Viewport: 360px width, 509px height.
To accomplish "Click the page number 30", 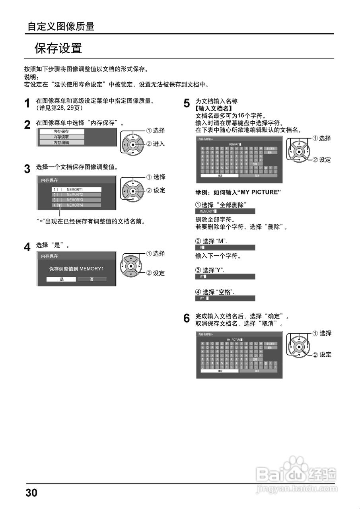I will tap(31, 493).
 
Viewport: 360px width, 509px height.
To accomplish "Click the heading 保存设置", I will tap(58, 49).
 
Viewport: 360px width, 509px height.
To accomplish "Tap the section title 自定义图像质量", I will tap(60, 27).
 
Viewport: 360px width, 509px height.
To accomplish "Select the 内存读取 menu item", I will tap(61, 137).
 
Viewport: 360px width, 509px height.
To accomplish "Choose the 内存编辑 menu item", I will tap(61, 142).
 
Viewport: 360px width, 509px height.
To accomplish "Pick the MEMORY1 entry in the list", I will tap(76, 190).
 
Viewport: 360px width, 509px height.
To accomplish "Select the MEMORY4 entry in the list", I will tap(76, 205).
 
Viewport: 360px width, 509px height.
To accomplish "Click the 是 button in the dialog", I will tap(61, 279).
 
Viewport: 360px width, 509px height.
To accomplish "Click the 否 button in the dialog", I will tap(92, 279).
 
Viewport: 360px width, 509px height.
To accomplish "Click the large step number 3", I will tap(27, 169).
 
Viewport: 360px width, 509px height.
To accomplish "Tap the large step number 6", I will tap(187, 319).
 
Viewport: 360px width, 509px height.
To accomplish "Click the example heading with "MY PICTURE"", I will tap(238, 192).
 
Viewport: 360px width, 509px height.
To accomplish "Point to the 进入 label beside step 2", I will tap(159, 144).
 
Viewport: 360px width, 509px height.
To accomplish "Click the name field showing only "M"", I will tap(225, 247).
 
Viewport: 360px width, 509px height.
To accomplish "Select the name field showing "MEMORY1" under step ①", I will tap(225, 211).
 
